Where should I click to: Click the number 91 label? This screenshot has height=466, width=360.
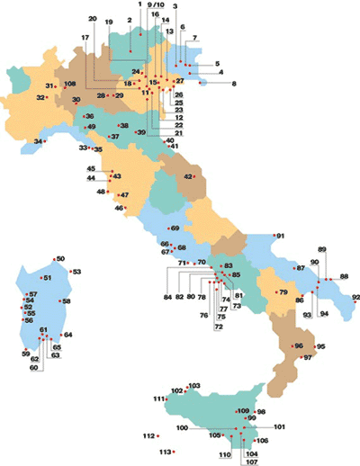point(281,236)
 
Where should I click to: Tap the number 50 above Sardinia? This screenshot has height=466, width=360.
point(61,259)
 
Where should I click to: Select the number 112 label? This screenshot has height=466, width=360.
point(148,436)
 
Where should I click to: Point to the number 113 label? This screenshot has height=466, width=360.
point(165,452)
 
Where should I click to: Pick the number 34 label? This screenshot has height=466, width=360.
point(39,142)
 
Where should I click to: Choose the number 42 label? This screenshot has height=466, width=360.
point(189,177)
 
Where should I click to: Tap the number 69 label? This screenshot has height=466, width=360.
point(175,229)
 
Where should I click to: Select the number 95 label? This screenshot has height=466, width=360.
point(320,346)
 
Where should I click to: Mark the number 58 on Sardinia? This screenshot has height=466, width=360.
point(66,301)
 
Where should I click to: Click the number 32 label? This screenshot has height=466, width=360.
point(40,97)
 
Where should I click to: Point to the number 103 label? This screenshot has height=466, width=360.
point(194,386)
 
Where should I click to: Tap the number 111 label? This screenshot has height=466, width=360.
point(159,399)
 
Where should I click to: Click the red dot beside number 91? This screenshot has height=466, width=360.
point(274,236)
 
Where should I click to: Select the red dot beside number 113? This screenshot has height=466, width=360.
point(175,452)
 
